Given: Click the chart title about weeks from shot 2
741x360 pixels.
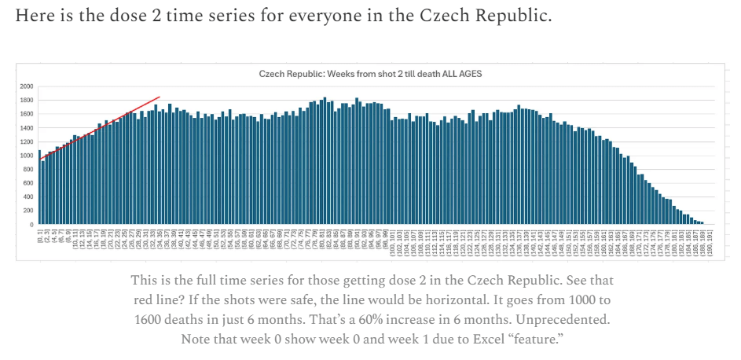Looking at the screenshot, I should point(370,74).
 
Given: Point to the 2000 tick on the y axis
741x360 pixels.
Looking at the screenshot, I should point(27,86).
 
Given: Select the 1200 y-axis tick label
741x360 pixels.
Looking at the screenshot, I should point(27,141).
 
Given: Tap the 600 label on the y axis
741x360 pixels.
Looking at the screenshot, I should point(28,183).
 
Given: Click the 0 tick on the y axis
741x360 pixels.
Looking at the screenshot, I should point(31,225).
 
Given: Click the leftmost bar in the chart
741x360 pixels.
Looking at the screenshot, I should point(39,187).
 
